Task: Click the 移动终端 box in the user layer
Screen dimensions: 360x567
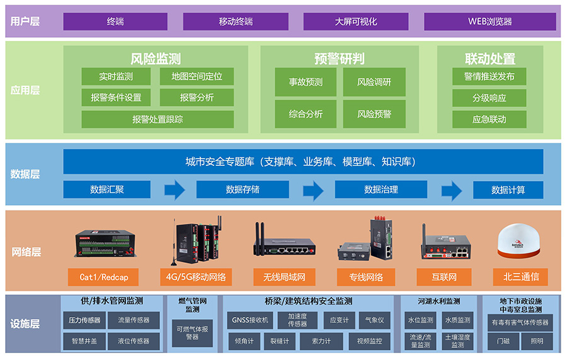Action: point(236,21)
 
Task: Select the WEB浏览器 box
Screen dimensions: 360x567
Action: point(490,21)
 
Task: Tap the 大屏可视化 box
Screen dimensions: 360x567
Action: point(356,21)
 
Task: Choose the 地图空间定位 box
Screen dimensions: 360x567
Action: point(197,77)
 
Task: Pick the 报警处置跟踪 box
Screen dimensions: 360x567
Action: point(157,119)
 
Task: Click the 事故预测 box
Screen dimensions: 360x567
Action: point(306,82)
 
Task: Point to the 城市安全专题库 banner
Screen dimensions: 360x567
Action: point(302,161)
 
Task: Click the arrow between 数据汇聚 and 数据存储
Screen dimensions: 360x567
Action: point(174,190)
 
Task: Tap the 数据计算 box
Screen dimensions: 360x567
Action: point(508,190)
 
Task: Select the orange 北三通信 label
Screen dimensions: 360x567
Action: point(520,276)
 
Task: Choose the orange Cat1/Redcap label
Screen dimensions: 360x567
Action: point(103,277)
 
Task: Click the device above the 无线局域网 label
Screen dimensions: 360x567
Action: point(284,243)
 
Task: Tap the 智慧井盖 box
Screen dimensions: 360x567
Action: point(84,341)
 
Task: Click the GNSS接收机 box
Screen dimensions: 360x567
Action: point(249,320)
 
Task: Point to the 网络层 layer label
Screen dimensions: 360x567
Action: point(26,252)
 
